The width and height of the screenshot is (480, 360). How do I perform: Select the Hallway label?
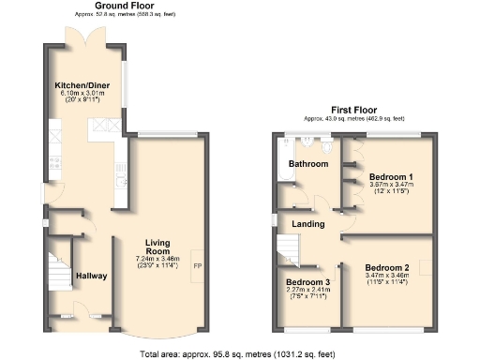click(92, 276)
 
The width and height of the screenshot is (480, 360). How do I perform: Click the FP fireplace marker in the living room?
click(197, 266)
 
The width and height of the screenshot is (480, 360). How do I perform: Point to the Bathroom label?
click(308, 164)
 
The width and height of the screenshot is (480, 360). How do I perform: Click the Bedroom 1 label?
click(391, 176)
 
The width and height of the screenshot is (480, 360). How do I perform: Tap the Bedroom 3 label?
click(307, 282)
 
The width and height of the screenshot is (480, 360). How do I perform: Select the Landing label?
click(308, 224)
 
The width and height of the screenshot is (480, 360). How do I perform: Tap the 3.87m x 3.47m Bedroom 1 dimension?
click(391, 185)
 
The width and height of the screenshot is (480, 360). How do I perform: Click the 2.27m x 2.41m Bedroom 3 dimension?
click(307, 291)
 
